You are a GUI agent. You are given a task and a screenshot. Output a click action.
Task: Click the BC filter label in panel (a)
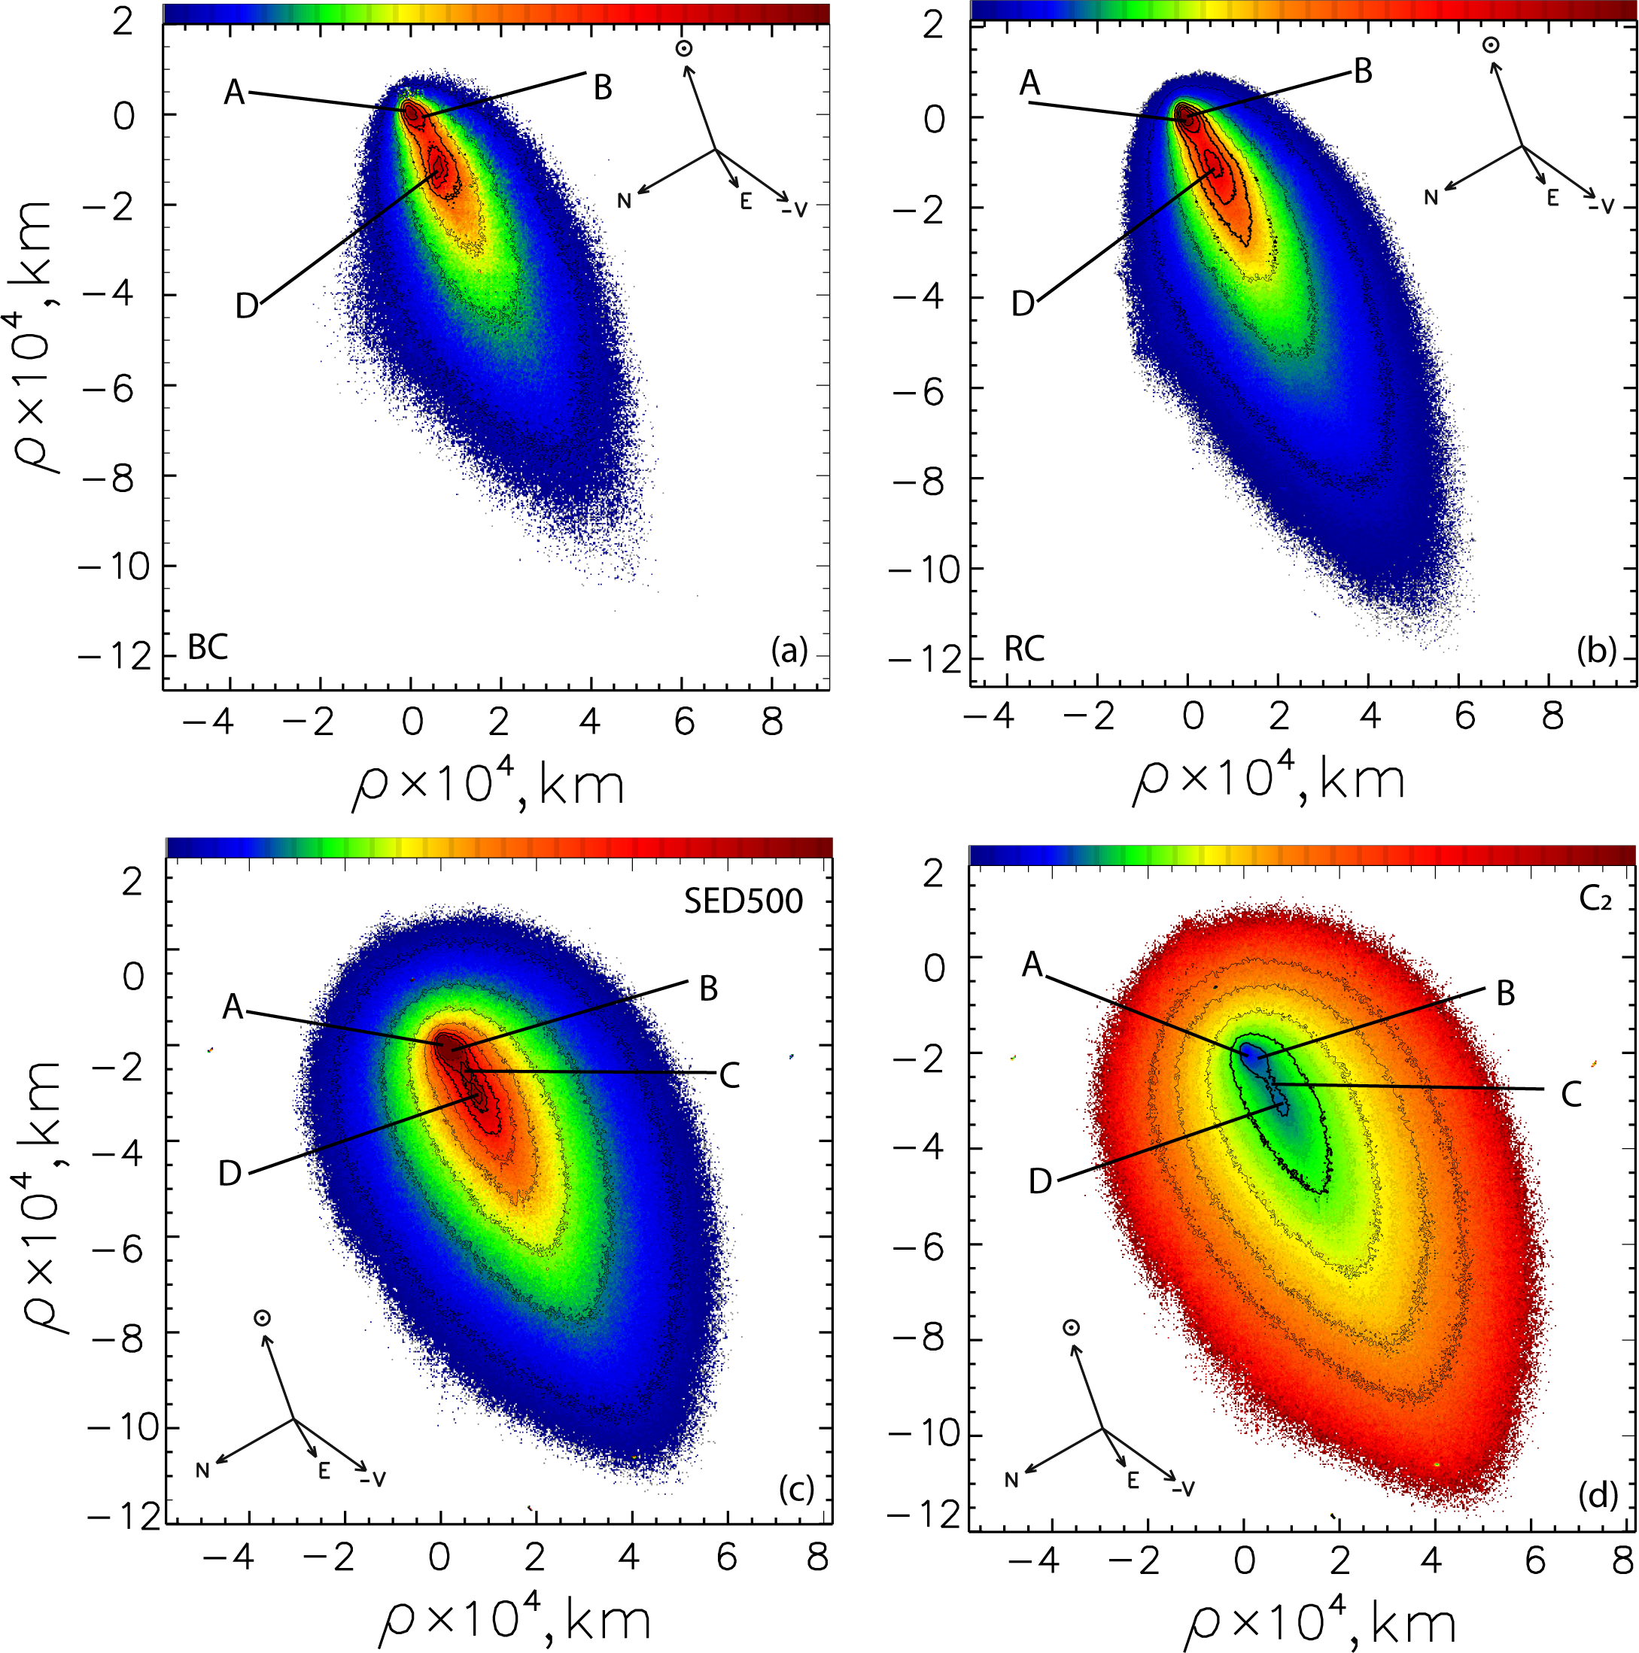pos(207,648)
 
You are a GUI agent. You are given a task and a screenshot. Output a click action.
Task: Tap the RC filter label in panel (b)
pos(1023,649)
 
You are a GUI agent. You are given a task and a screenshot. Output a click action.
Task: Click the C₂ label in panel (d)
pos(1595,899)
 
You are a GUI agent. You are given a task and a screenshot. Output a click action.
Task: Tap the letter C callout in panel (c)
pos(728,1075)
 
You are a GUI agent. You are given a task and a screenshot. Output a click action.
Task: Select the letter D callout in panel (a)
pos(247,305)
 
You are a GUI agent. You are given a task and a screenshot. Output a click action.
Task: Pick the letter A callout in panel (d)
pos(1033,965)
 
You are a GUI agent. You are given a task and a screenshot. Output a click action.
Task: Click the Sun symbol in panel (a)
pos(683,49)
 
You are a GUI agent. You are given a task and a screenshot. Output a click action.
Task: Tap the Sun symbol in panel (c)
pos(262,1318)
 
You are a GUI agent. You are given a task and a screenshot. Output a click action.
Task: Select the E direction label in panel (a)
pos(746,202)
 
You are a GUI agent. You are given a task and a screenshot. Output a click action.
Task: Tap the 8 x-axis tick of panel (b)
pos(1552,716)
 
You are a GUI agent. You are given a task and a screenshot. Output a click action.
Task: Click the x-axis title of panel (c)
pos(513,1620)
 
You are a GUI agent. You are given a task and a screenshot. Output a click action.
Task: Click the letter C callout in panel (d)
pos(1571,1094)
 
